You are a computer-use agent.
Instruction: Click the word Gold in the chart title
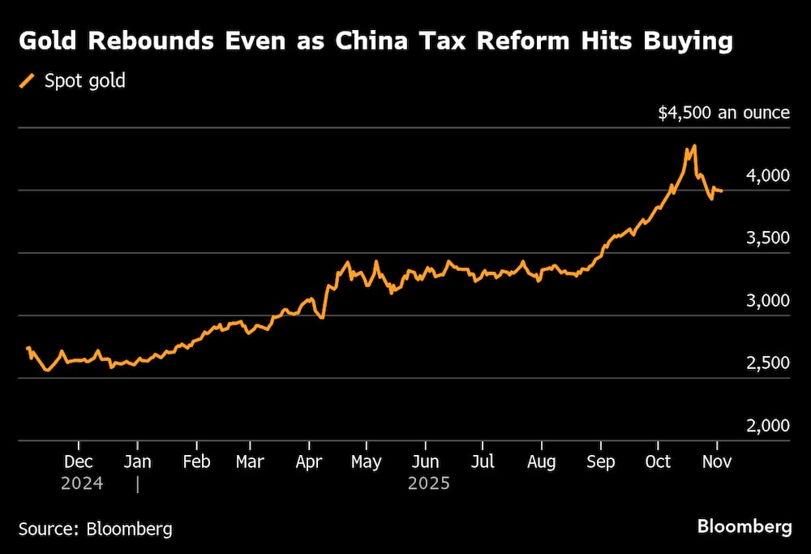(50, 42)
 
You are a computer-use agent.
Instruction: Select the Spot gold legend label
(85, 80)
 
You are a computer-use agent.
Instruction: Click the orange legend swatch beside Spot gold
(27, 80)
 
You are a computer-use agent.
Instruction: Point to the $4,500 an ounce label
(723, 113)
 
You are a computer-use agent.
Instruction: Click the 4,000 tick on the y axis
(766, 175)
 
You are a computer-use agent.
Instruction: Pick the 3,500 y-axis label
(766, 238)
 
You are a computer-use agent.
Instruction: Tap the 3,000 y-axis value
(766, 300)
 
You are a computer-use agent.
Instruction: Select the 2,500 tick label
(766, 363)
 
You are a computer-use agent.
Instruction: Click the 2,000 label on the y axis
(766, 425)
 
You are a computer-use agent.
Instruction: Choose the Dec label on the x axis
(79, 462)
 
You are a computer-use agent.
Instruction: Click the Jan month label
(138, 462)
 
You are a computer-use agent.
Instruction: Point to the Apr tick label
(309, 462)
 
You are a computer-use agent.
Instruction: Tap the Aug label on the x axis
(541, 462)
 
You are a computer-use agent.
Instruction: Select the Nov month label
(717, 462)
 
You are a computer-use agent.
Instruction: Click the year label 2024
(82, 483)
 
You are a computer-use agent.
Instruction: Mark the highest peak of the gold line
(694, 146)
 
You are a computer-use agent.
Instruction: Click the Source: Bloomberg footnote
(96, 529)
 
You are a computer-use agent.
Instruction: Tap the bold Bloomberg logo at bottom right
(744, 527)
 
